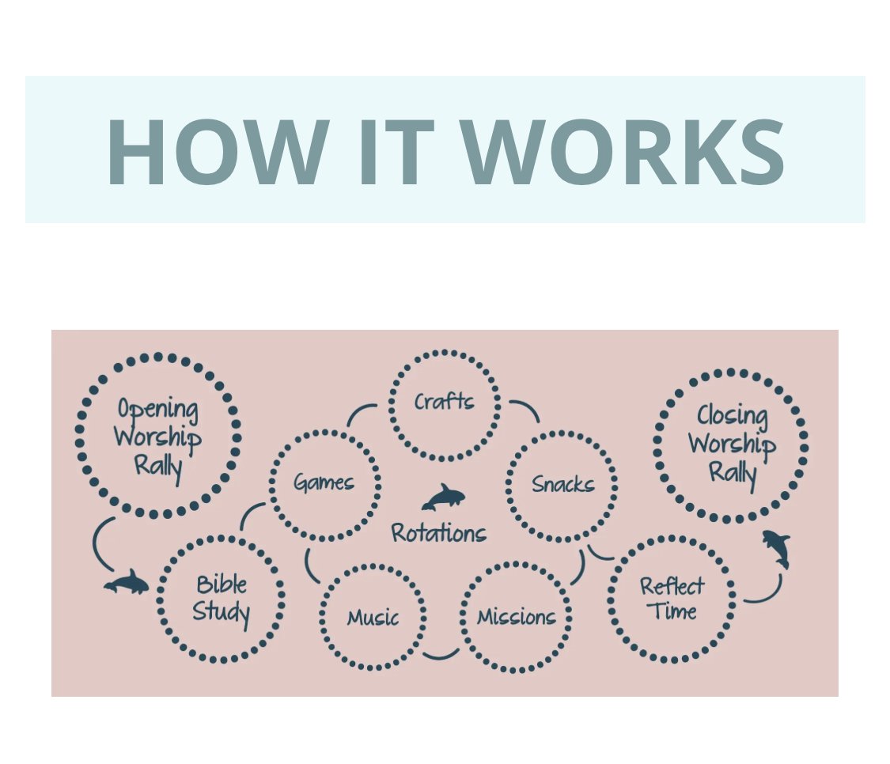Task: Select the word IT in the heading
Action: (x=394, y=152)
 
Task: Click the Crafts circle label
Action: (x=445, y=402)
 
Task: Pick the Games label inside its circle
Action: (x=324, y=482)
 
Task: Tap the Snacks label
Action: (x=562, y=483)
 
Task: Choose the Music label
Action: (x=373, y=617)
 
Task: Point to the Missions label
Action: (x=516, y=617)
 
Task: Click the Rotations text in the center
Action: (x=439, y=533)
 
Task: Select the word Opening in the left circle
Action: (x=157, y=410)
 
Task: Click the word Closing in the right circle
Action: (x=732, y=416)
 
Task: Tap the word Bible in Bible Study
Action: (x=222, y=585)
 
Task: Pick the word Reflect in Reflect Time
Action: (x=672, y=587)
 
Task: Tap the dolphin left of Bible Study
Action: (x=127, y=584)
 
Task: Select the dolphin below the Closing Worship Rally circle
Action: (x=777, y=547)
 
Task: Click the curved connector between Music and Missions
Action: (x=441, y=655)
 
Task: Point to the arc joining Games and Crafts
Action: (x=361, y=412)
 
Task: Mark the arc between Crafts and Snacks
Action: (x=525, y=410)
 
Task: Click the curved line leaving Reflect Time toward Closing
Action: (x=766, y=593)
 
